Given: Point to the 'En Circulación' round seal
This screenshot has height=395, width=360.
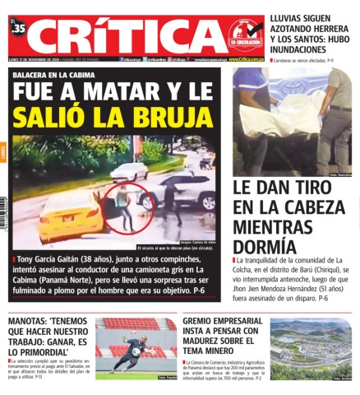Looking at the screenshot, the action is [245, 35].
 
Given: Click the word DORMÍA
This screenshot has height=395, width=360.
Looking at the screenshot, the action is [264, 246].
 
